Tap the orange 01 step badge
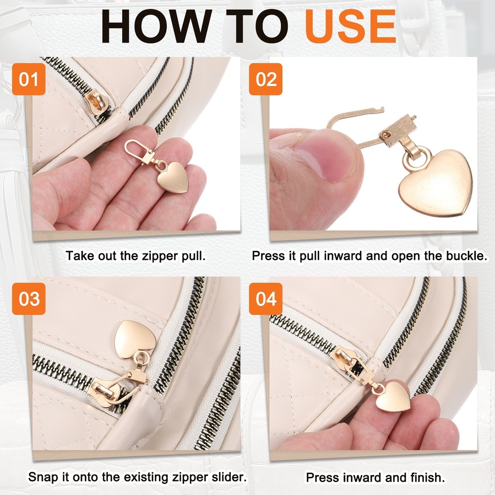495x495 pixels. (29, 79)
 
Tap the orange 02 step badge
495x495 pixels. (266, 79)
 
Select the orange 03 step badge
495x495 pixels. (29, 299)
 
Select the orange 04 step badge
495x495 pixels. (266, 299)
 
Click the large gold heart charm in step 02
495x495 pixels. (436, 183)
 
